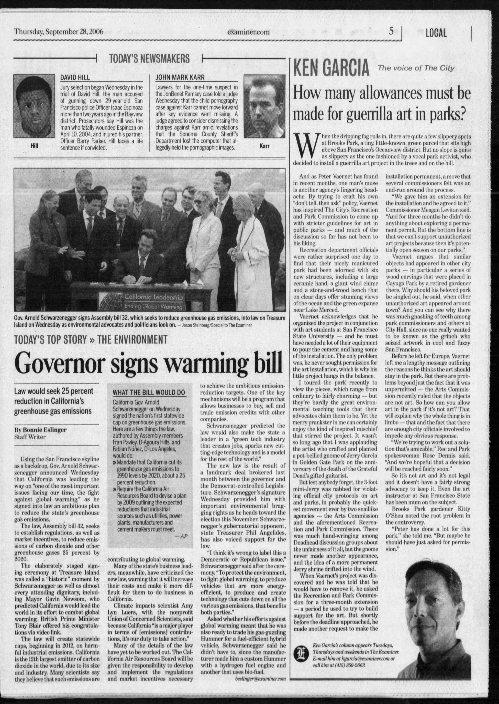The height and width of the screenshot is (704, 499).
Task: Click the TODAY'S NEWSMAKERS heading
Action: (150, 58)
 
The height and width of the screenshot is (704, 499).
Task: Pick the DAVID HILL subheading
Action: (75, 78)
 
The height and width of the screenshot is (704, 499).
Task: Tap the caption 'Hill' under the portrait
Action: (34, 146)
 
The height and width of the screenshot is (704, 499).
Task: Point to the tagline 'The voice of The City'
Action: (416, 68)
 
